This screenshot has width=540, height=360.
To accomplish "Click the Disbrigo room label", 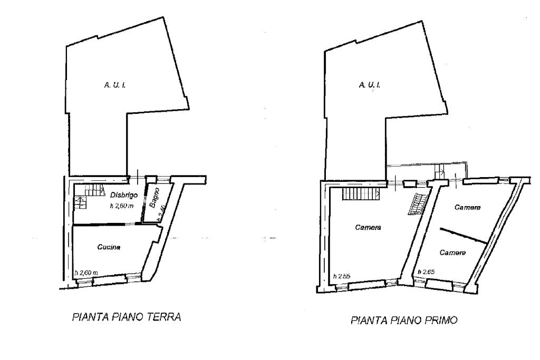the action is [x=124, y=195].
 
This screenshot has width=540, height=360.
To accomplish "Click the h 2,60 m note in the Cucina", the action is [x=86, y=273].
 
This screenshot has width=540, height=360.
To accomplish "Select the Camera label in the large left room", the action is [x=368, y=228].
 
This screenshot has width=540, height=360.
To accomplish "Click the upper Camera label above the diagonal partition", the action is [x=467, y=208].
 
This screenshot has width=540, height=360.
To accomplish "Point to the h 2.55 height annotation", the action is [x=341, y=276].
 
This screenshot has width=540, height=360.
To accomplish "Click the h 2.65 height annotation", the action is [x=426, y=272].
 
